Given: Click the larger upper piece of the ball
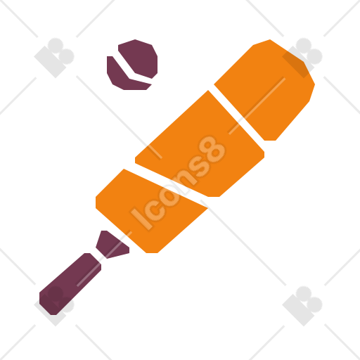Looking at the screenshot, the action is pyautogui.click(x=139, y=58).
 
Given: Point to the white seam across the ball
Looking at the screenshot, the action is pyautogui.click(x=131, y=70).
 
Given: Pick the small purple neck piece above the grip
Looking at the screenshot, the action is pyautogui.click(x=111, y=245).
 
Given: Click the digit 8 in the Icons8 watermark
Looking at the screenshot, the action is pyautogui.click(x=212, y=150).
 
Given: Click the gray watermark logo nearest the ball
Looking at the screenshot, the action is pyautogui.click(x=54, y=58).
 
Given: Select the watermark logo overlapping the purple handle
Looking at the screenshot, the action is pyautogui.click(x=54, y=305).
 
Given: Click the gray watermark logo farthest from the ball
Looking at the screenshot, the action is pyautogui.click(x=302, y=306).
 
